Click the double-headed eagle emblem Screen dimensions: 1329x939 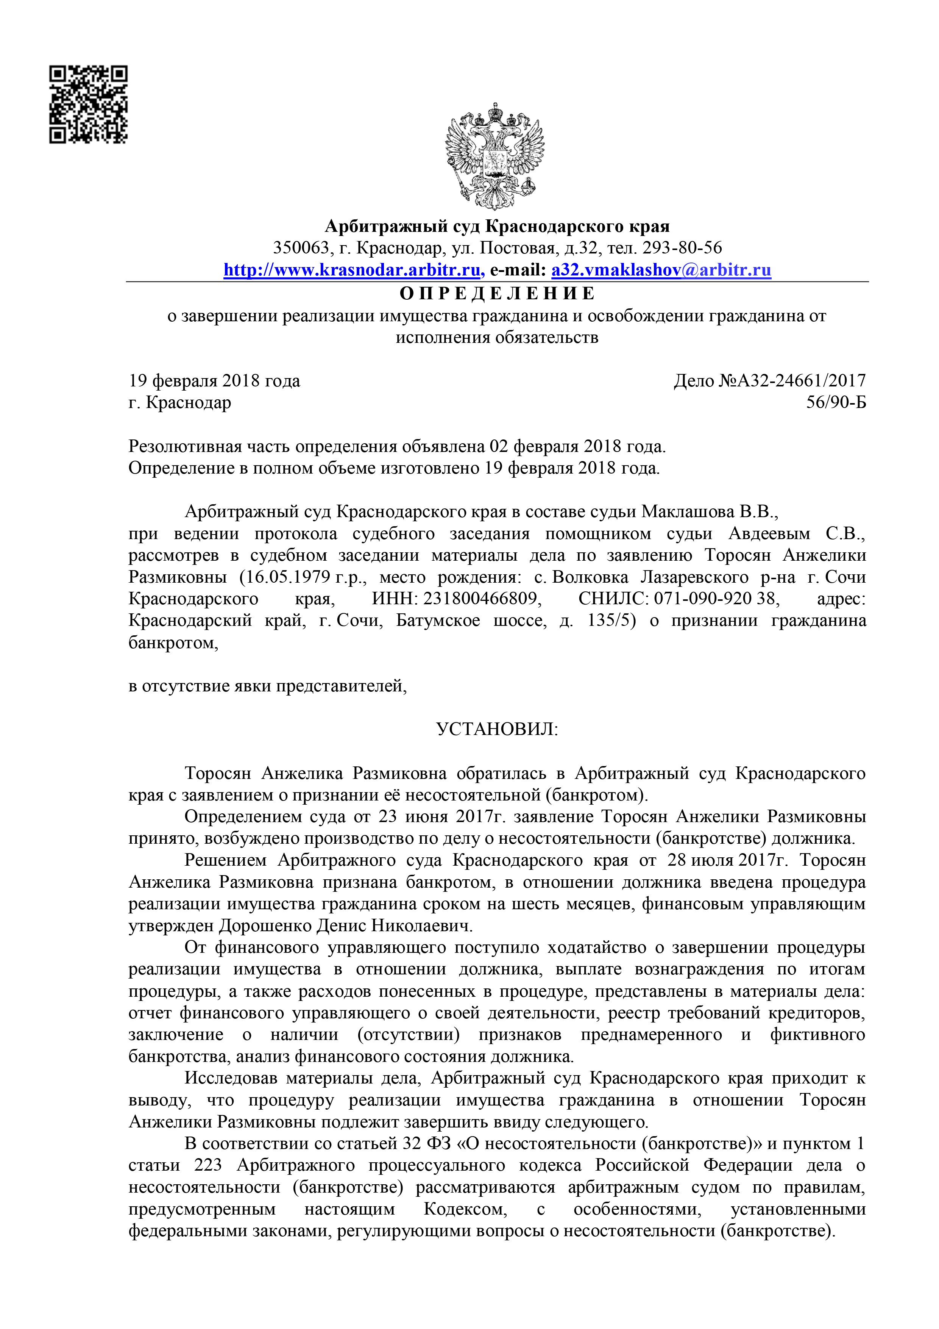point(494,156)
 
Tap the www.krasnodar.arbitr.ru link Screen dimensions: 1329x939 point(354,270)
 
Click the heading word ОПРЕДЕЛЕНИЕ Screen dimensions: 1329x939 point(497,294)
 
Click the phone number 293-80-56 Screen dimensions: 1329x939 point(682,248)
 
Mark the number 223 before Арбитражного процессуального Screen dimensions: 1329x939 point(208,1165)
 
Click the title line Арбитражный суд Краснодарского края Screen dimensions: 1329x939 point(497,226)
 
